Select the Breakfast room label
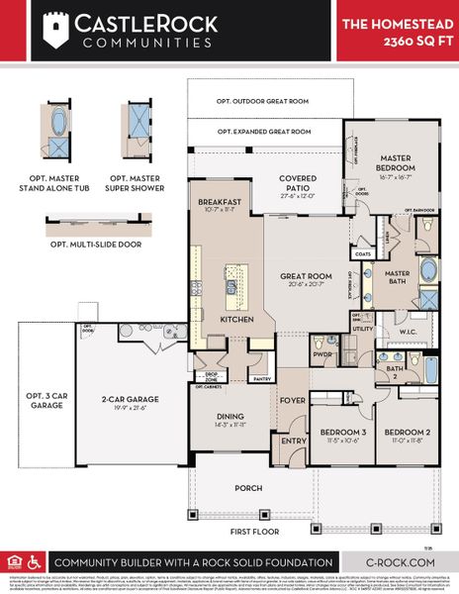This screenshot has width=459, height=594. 220,202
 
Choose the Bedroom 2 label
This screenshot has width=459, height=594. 408,434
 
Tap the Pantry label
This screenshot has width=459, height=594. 261,378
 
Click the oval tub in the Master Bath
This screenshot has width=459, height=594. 429,269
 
